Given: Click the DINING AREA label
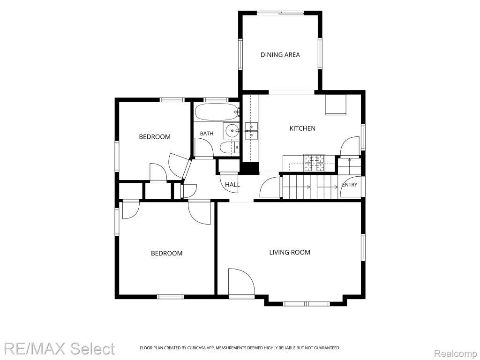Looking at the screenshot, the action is (x=280, y=55).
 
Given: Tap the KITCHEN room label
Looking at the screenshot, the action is (x=302, y=128).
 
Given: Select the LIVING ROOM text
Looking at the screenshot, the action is (x=290, y=252).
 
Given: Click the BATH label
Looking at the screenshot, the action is (x=207, y=134).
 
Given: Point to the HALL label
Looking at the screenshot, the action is (x=232, y=185).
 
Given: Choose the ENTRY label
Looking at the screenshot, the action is (x=350, y=185).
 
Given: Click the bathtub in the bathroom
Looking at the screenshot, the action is (x=217, y=112).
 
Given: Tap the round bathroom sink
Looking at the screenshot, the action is (x=232, y=131).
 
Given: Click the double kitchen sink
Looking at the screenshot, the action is (x=251, y=130).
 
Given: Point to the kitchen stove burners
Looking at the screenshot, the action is (x=315, y=163).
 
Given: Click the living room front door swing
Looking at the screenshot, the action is (x=241, y=282).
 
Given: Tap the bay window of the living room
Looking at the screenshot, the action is (x=306, y=304).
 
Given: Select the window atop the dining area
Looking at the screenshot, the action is (x=280, y=13).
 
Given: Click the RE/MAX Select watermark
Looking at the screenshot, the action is (x=60, y=349).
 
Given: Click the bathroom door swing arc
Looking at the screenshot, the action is (x=204, y=148).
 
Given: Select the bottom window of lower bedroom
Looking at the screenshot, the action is (x=171, y=296).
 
